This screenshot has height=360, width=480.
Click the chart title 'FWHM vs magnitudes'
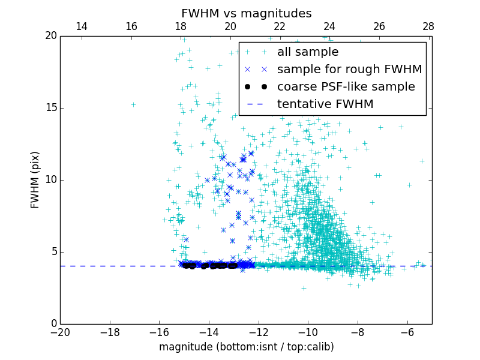(x=246, y=13)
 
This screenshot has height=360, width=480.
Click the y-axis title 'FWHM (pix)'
(x=35, y=180)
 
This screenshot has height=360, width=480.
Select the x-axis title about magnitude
(x=246, y=347)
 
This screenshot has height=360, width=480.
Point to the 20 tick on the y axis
(x=52, y=36)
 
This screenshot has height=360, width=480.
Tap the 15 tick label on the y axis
(x=52, y=108)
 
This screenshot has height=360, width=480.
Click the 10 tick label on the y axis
(x=52, y=180)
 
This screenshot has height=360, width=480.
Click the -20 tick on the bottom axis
(x=60, y=331)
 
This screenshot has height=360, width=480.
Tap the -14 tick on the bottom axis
(x=209, y=331)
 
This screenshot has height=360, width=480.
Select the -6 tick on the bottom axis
(x=407, y=331)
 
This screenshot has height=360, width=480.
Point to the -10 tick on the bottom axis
(x=308, y=331)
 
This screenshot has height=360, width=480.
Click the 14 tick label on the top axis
(x=82, y=26)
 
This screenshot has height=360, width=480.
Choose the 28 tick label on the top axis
(x=428, y=26)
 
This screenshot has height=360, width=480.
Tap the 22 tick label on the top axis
(x=280, y=26)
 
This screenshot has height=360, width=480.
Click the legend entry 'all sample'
(x=307, y=52)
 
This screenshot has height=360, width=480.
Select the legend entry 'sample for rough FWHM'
(x=349, y=70)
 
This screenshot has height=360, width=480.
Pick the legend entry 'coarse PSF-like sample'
(x=346, y=87)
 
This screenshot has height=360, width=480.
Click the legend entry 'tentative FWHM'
(x=325, y=104)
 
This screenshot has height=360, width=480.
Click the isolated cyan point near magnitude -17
(x=133, y=104)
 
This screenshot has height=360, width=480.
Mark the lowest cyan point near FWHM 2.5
(x=304, y=288)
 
